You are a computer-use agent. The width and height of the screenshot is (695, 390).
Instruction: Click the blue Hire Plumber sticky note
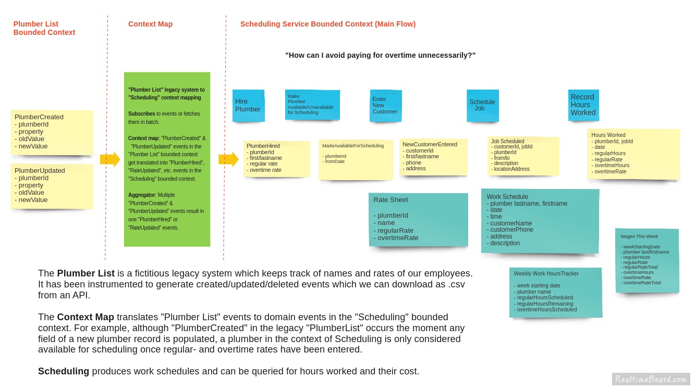[x=248, y=106]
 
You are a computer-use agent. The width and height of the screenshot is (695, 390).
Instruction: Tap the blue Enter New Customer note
[x=385, y=106]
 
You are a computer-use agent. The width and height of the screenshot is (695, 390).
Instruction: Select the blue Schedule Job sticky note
[x=482, y=105]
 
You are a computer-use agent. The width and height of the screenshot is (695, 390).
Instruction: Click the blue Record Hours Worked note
[x=583, y=105]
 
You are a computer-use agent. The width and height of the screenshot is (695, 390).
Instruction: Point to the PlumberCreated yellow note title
[x=39, y=117]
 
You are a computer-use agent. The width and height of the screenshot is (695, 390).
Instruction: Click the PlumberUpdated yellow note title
[x=40, y=171]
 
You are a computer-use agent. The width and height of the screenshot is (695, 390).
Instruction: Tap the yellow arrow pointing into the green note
[x=110, y=159]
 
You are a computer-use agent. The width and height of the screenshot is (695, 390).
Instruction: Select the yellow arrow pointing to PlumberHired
[x=228, y=159]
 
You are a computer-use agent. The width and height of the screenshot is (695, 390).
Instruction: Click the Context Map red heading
[x=150, y=24]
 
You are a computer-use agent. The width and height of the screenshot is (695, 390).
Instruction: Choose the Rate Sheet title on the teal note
[x=391, y=200]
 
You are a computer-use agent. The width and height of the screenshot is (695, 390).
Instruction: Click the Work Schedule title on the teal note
[x=507, y=197]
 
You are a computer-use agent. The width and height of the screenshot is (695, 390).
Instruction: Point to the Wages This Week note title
[x=639, y=236]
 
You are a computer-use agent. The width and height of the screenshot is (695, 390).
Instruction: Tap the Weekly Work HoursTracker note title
[x=546, y=273]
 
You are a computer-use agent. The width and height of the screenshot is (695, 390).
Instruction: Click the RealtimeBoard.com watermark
[x=651, y=379]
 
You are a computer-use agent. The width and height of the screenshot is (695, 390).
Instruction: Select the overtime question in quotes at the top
[x=380, y=55]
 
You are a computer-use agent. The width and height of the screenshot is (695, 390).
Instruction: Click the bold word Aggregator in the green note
[x=141, y=195]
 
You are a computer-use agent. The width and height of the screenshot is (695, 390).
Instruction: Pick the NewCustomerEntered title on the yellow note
[x=430, y=145]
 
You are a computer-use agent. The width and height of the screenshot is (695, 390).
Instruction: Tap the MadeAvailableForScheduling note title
[x=353, y=146]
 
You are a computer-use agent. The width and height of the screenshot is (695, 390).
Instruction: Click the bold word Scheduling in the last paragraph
[x=64, y=371]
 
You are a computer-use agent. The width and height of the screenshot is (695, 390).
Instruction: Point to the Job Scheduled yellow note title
[x=507, y=141]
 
